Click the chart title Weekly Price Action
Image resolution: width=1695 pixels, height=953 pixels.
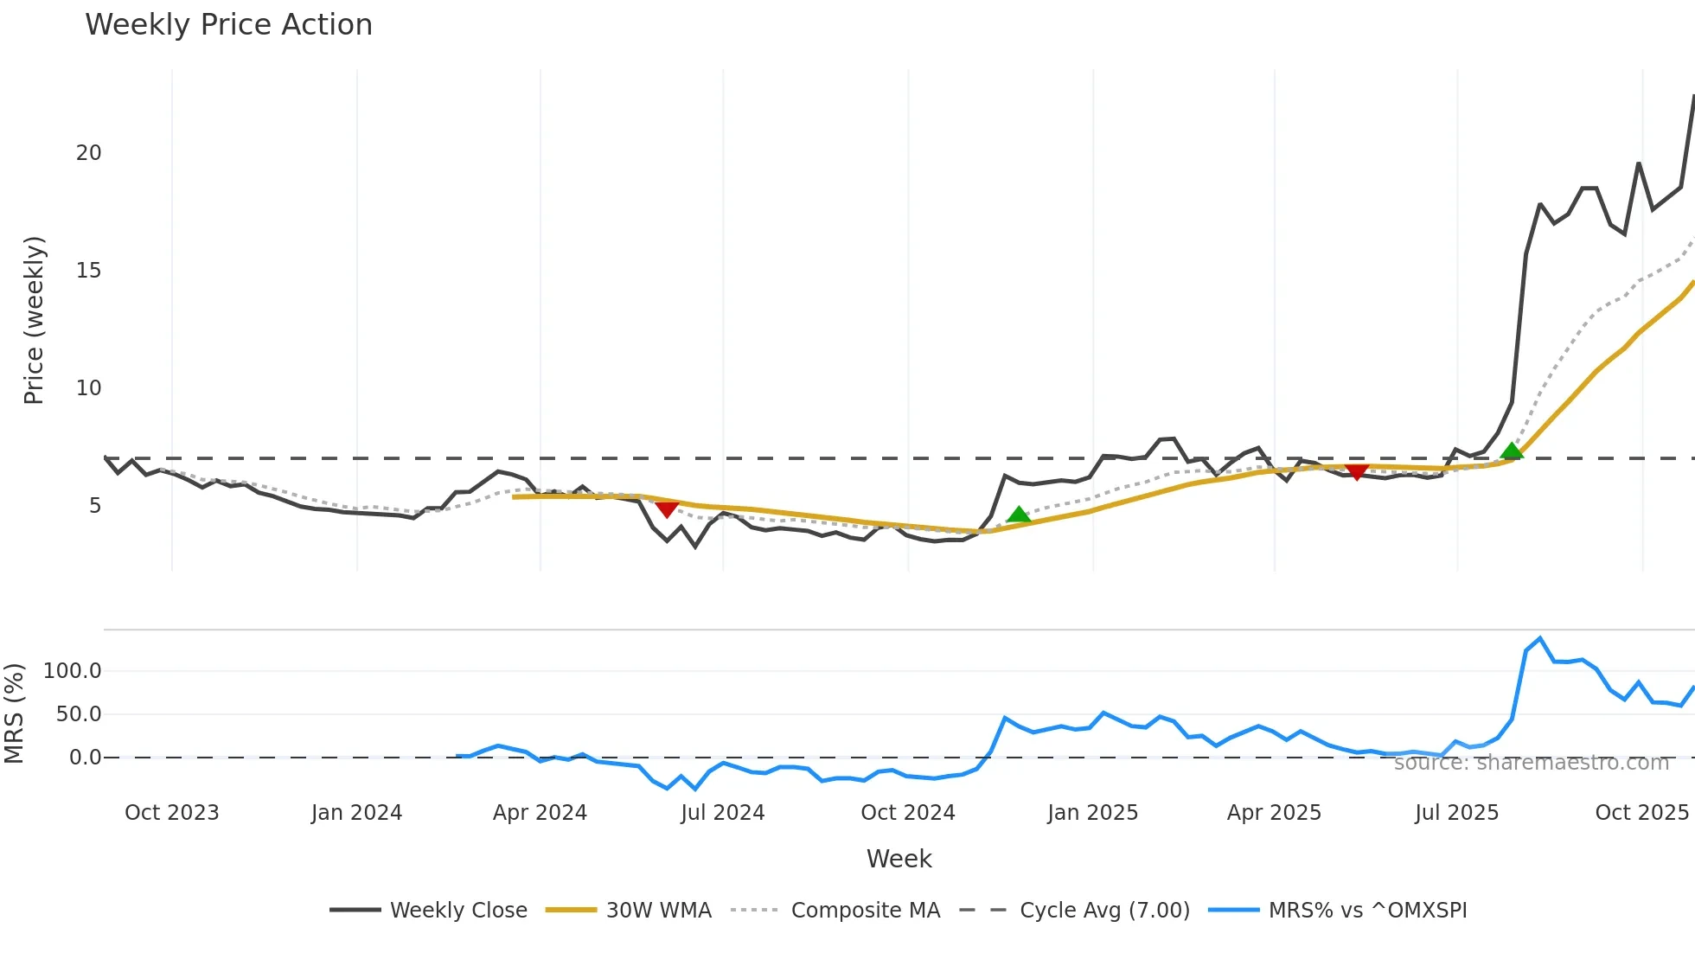tap(228, 25)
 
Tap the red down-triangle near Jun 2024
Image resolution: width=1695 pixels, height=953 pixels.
tap(667, 508)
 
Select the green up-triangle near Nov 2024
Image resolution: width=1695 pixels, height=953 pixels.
tap(1019, 515)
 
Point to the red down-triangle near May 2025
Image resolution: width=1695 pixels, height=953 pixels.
tap(1357, 471)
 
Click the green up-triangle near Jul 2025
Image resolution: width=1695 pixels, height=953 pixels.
tap(1512, 451)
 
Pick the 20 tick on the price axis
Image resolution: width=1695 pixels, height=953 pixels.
tap(88, 153)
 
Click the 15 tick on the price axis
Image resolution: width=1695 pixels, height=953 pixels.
tap(88, 271)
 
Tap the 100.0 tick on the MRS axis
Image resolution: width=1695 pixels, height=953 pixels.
tap(73, 671)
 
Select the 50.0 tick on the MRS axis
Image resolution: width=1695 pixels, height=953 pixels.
tap(79, 714)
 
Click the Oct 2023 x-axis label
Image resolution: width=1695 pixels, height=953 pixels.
tap(171, 813)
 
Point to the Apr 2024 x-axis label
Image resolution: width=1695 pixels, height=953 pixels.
tap(540, 813)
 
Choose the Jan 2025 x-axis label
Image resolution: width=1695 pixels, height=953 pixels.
tap(1092, 813)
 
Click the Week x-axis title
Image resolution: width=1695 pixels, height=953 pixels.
tap(899, 859)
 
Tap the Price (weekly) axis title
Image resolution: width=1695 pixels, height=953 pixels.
tap(34, 320)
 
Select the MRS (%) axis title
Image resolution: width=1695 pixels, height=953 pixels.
tap(14, 713)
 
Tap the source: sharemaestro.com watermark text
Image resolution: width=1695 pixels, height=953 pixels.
tap(1531, 763)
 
